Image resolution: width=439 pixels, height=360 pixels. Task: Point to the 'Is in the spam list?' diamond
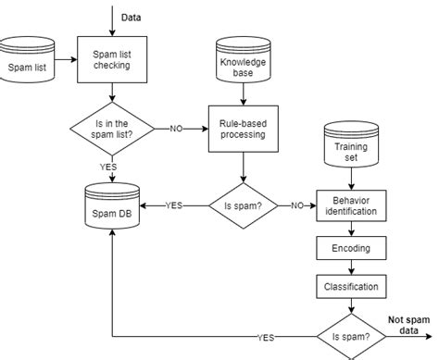(111, 129)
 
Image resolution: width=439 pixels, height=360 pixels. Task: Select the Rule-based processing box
(243, 129)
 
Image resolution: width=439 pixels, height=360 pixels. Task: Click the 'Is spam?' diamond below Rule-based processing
(243, 205)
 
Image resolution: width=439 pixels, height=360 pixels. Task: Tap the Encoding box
(349, 248)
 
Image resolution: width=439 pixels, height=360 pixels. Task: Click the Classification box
(349, 287)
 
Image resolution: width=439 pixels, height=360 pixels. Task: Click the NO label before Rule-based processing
(175, 129)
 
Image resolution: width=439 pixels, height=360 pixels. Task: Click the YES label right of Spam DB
(173, 205)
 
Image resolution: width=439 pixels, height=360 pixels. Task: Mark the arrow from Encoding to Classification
(349, 267)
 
